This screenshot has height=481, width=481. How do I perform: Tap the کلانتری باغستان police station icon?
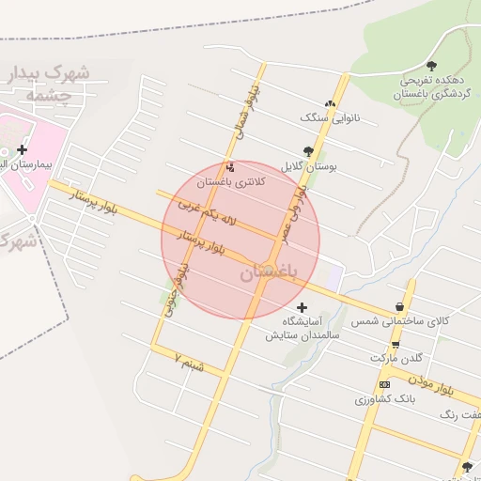(231, 166)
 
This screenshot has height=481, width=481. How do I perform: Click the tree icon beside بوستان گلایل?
(309, 150)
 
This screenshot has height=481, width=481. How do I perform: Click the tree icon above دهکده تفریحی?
(431, 66)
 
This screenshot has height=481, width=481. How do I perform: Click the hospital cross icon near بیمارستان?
(22, 149)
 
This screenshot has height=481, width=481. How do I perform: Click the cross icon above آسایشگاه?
(302, 307)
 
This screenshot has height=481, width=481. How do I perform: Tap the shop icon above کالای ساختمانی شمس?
(401, 307)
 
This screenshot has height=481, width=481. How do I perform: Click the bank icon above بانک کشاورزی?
(384, 384)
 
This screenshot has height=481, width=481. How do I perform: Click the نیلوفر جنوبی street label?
(172, 291)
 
